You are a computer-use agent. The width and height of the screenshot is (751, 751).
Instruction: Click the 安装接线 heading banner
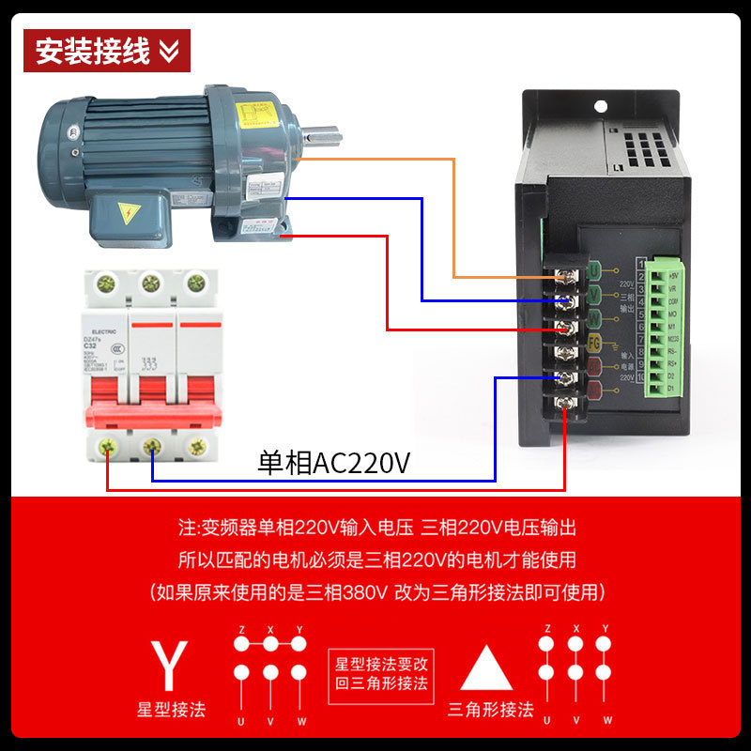coord(106,51)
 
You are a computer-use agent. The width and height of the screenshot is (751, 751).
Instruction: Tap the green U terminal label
coord(593,272)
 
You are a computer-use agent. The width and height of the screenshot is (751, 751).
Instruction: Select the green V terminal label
coord(593,296)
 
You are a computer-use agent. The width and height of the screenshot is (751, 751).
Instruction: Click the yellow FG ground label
coord(593,344)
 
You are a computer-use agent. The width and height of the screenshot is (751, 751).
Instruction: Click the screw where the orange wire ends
coord(567,277)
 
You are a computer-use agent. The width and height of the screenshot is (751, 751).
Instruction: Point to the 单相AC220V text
coord(334,464)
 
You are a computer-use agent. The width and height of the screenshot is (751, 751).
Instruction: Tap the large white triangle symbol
coord(486,668)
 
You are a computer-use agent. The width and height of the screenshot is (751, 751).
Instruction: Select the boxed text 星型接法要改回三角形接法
coord(381,672)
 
